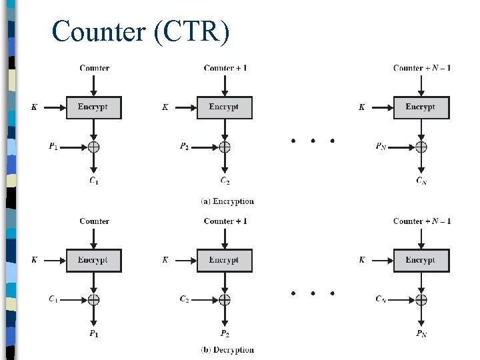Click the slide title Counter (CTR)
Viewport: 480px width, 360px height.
click(x=141, y=31)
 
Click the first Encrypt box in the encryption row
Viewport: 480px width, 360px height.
click(x=93, y=107)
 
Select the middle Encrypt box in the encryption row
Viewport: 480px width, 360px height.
click(x=225, y=107)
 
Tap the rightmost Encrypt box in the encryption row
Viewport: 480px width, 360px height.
click(x=421, y=107)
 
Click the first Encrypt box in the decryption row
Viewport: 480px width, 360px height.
click(x=93, y=260)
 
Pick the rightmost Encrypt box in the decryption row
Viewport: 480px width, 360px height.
click(x=421, y=260)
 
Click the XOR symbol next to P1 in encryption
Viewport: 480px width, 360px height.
click(x=94, y=147)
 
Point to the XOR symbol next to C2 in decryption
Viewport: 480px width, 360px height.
click(x=225, y=299)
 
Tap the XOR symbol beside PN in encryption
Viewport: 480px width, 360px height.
click(x=421, y=147)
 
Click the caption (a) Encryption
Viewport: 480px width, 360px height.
click(x=227, y=201)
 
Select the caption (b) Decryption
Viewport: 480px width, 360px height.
click(x=227, y=349)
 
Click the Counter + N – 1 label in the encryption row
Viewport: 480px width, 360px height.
click(x=421, y=68)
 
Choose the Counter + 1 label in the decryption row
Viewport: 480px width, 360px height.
click(x=225, y=221)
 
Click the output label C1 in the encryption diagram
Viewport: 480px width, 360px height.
click(x=94, y=181)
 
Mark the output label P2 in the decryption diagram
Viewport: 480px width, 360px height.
click(x=225, y=333)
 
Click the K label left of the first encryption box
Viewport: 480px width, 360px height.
click(x=34, y=107)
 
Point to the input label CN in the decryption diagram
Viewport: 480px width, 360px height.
click(x=381, y=299)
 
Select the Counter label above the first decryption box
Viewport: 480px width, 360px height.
click(x=94, y=221)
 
